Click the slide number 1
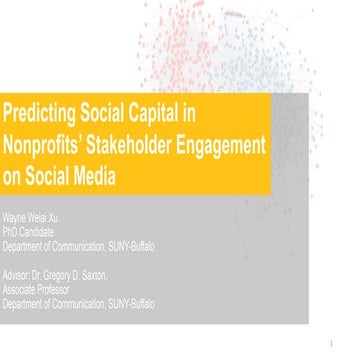344,348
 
